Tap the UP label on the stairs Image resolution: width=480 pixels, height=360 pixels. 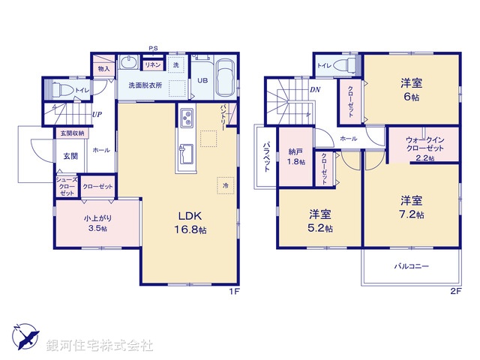[x=97, y=115]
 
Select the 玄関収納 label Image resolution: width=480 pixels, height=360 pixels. [x=70, y=133]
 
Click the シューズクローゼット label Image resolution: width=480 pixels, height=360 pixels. [x=64, y=187]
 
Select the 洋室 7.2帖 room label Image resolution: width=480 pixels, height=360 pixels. [x=411, y=207]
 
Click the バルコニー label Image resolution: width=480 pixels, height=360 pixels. [x=411, y=266]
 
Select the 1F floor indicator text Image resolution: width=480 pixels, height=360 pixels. [x=234, y=292]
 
